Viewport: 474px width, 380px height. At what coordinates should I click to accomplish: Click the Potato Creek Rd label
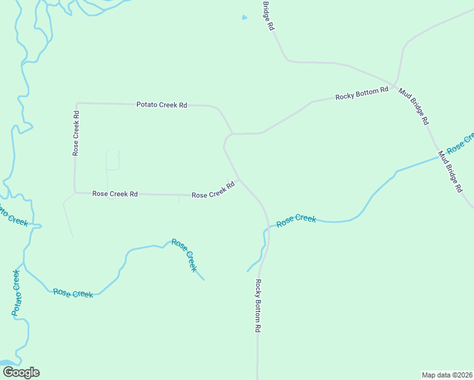162,104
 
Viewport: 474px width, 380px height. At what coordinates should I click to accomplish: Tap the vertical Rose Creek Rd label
75,134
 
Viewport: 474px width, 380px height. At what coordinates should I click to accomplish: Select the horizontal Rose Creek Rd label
115,194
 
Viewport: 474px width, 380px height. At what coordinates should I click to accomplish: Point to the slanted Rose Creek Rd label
214,190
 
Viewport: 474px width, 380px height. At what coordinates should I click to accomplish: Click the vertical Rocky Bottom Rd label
258,306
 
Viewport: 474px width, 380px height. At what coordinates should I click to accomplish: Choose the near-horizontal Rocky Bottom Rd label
361,94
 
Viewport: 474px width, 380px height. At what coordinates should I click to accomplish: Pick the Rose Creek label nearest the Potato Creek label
73,293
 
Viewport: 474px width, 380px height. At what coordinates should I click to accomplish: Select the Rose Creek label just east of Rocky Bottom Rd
296,220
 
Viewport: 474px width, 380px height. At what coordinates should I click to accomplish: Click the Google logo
21,372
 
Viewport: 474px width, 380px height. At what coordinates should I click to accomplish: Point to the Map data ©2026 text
447,375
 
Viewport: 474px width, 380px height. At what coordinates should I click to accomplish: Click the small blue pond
244,18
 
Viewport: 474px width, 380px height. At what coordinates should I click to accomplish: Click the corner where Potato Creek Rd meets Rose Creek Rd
76,103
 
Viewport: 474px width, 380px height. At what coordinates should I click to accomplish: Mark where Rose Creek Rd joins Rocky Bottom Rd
240,179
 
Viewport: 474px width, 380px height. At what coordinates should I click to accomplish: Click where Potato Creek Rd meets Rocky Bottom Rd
232,134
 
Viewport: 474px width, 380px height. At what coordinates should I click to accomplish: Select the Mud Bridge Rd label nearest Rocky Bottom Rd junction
414,105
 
